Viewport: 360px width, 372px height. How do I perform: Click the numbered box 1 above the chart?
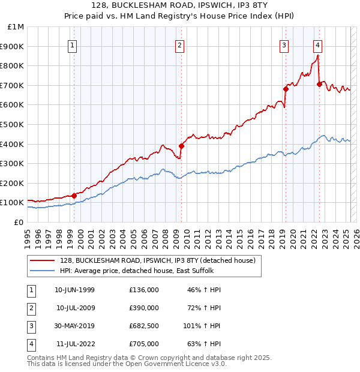click(x=72, y=44)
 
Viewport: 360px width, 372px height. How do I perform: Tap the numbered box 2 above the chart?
click(x=180, y=44)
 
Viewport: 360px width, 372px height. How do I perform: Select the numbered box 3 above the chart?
click(x=284, y=44)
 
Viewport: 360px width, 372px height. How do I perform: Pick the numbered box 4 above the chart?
click(x=317, y=44)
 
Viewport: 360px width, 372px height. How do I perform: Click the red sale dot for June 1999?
click(x=74, y=196)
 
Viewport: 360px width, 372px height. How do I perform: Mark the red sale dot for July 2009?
click(x=181, y=145)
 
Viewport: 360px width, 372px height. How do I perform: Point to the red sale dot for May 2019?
click(x=286, y=89)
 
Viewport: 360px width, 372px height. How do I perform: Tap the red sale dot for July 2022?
click(x=319, y=84)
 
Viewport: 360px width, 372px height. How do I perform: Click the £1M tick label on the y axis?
click(x=16, y=27)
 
